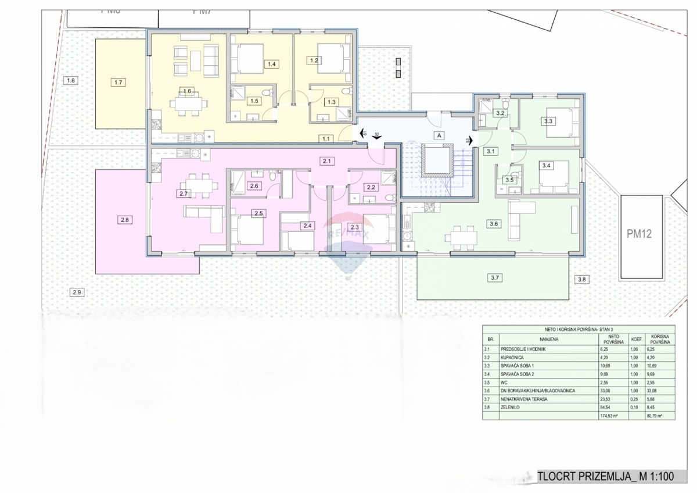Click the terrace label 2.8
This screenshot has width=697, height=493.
pos(125,220)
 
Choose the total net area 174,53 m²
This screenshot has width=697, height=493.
pos(609,416)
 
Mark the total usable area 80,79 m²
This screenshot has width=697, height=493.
pos(656,416)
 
